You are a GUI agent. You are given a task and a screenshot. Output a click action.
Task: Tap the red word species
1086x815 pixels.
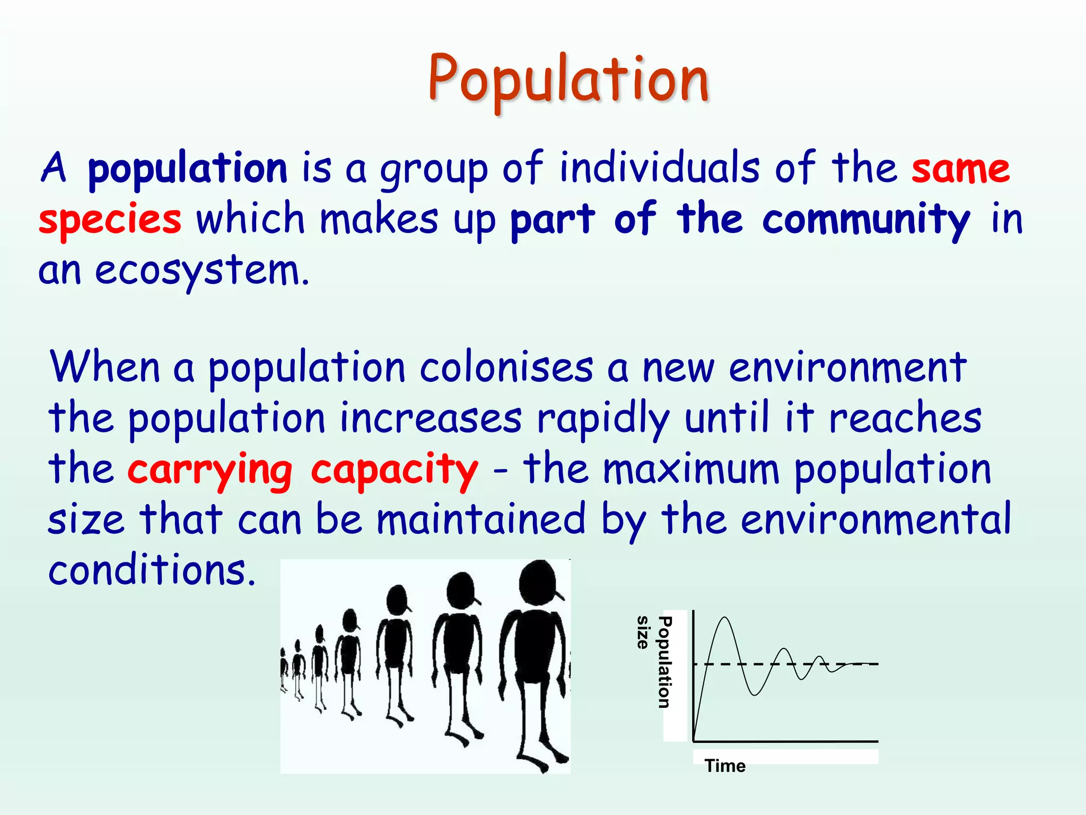pyautogui.click(x=110, y=220)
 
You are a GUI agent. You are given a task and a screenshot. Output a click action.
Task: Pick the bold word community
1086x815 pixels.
pyautogui.click(x=866, y=220)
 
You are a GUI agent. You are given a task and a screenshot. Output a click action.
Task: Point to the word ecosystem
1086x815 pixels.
pyautogui.click(x=202, y=271)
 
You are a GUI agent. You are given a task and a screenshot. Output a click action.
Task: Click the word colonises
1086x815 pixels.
pyautogui.click(x=506, y=367)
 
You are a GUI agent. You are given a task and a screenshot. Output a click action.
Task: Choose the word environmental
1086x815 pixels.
pyautogui.click(x=875, y=519)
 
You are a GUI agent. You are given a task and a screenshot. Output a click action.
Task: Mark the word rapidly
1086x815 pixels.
pyautogui.click(x=603, y=418)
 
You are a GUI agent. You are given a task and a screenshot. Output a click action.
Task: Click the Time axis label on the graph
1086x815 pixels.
pyautogui.click(x=725, y=766)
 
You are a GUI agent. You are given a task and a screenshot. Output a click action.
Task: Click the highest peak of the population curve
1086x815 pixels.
pyautogui.click(x=724, y=618)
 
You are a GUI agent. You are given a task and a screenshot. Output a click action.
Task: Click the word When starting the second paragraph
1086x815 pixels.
pyautogui.click(x=104, y=367)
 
